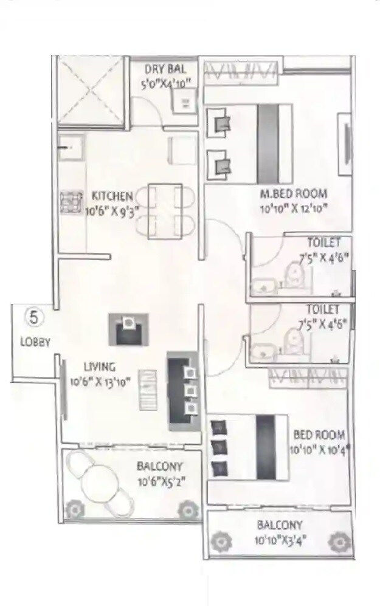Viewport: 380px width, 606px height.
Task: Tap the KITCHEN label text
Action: (112, 196)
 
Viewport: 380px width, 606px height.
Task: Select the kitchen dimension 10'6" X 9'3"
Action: (112, 210)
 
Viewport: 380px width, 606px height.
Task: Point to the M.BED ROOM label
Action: (294, 194)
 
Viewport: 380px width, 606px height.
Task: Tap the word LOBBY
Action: (35, 342)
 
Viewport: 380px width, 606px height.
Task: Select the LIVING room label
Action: (100, 367)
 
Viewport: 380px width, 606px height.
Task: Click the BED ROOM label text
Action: (319, 435)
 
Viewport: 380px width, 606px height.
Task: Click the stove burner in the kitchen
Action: (71, 201)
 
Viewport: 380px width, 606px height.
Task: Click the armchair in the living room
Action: (128, 329)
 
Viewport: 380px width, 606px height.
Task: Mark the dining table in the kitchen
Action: (165, 210)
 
